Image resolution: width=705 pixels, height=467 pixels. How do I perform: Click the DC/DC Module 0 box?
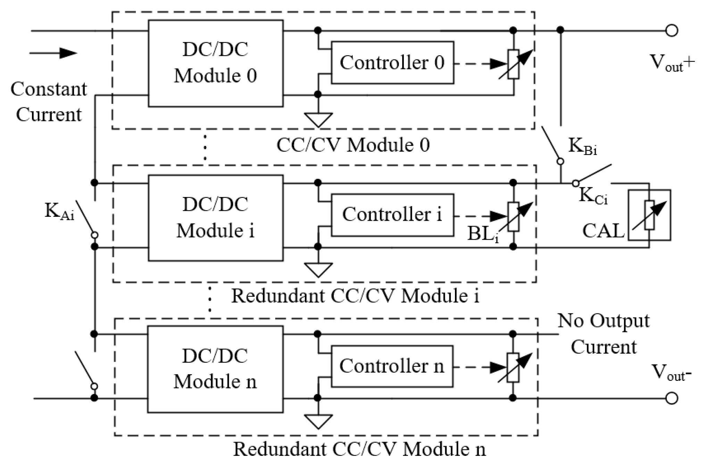215,63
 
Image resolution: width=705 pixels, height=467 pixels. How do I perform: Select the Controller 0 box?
392,63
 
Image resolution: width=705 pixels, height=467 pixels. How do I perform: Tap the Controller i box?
392,215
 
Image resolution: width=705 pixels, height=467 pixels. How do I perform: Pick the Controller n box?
392,366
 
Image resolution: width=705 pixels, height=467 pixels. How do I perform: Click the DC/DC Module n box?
215,369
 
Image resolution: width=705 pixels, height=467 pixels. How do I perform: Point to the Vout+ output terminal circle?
672,31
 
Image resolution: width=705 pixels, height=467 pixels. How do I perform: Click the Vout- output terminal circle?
672,398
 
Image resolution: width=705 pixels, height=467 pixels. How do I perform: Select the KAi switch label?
59,211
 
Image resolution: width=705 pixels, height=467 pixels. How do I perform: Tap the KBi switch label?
582,146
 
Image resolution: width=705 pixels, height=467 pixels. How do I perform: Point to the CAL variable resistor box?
649,215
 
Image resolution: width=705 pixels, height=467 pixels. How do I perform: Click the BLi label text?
483,233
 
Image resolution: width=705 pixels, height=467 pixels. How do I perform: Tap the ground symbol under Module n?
318,421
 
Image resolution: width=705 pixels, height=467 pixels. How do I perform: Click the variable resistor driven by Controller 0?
513,64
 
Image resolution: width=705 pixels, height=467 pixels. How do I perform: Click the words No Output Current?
604,334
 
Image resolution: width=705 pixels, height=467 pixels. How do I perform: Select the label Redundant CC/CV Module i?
355,296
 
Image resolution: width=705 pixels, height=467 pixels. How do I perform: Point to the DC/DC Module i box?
215,218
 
